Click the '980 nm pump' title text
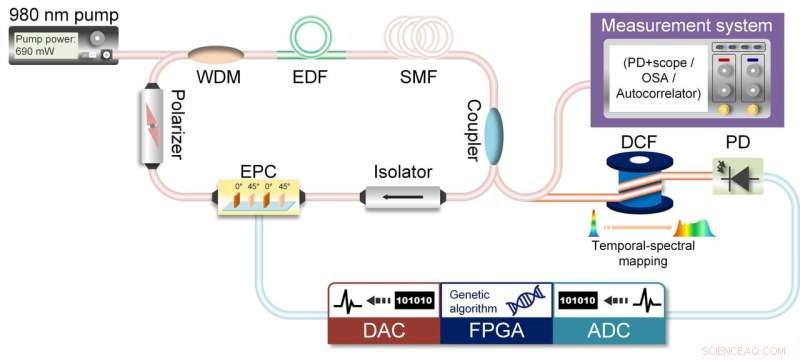[61, 14]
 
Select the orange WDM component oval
[210, 51]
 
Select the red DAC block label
[384, 327]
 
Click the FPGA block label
[496, 327]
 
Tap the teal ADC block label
[608, 327]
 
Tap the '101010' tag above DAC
[414, 299]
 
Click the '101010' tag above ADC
[578, 299]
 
